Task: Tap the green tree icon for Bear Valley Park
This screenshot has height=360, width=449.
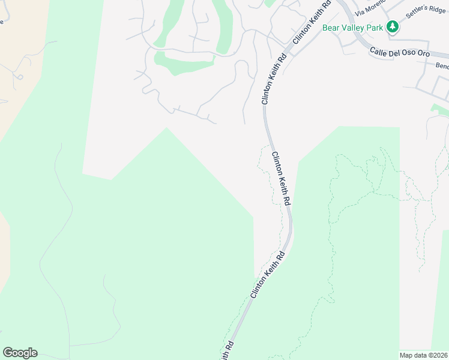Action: point(393,26)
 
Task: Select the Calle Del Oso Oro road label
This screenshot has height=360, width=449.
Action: point(399,53)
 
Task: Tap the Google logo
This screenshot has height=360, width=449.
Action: point(20,353)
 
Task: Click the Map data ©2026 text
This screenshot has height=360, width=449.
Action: point(424,355)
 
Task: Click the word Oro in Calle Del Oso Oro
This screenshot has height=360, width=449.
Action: point(423,54)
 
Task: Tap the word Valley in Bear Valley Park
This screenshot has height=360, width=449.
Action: point(352,27)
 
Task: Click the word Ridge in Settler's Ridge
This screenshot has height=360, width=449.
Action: point(439,10)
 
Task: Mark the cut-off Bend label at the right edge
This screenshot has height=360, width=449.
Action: point(442,65)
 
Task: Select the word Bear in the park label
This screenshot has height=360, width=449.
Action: point(331,27)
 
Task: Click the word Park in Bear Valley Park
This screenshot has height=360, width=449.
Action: point(375,27)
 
